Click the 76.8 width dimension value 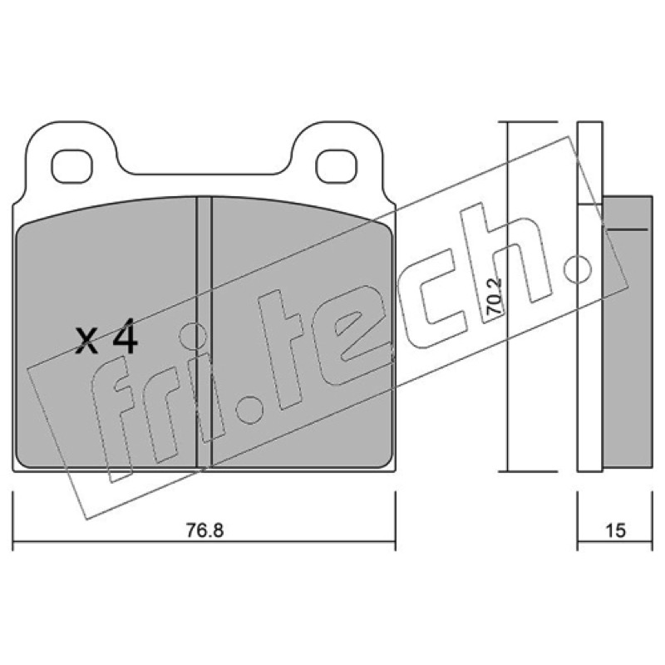tap(204, 530)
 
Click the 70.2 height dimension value tap(494, 297)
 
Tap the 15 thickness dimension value tap(615, 530)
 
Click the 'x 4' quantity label tap(106, 337)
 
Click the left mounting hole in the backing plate tap(71, 167)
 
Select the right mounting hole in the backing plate tap(337, 167)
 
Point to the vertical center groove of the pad tap(204, 332)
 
